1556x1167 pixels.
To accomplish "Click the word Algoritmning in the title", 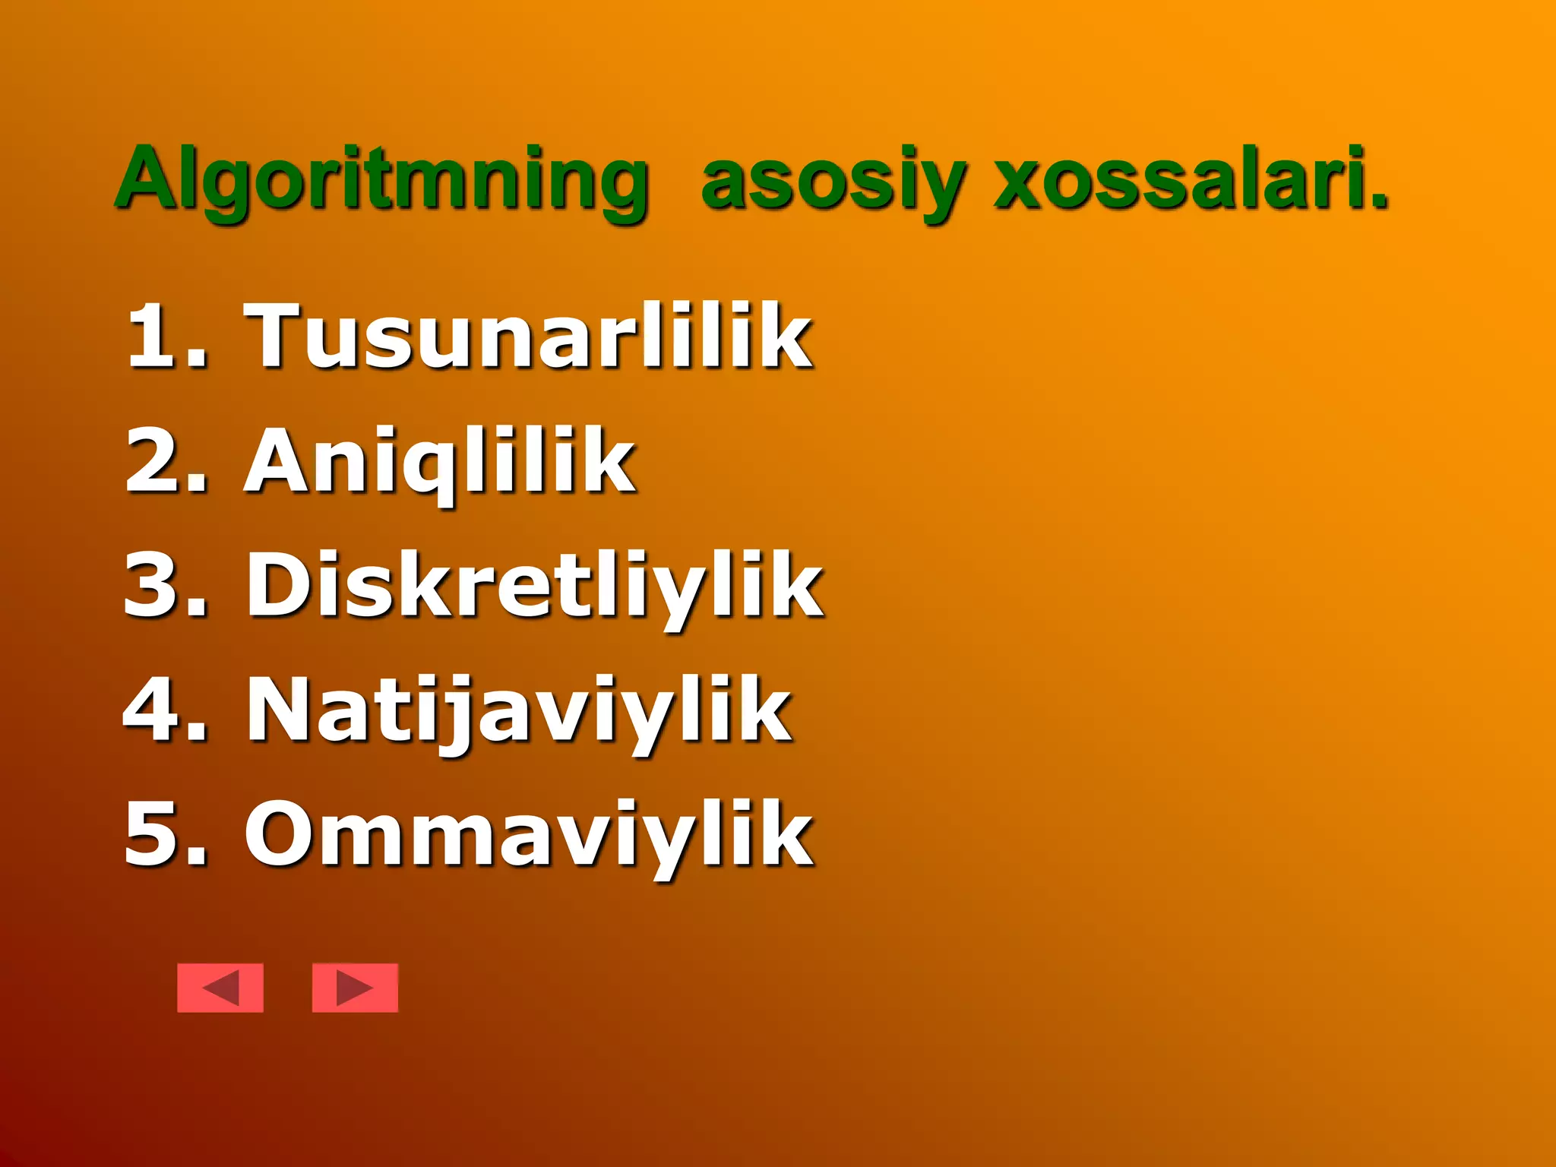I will point(382,181).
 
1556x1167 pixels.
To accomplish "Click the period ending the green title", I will point(1378,201).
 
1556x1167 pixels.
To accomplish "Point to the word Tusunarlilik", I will point(527,335).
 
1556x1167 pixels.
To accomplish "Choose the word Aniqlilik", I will point(439,460).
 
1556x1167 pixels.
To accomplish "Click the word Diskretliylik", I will point(534,585).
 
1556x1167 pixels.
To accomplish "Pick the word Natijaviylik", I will point(519,711).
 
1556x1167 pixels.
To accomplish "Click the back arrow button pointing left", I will point(220,988).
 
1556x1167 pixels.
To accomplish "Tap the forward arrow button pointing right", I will point(355,988).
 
